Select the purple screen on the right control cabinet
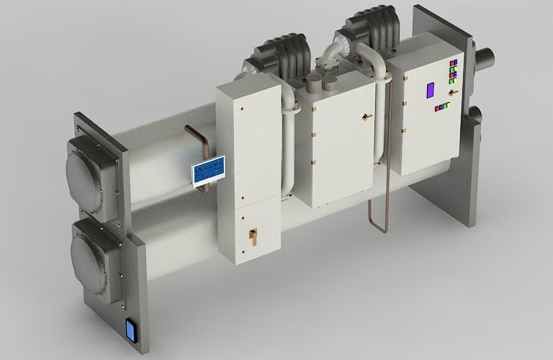tap(431, 90)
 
